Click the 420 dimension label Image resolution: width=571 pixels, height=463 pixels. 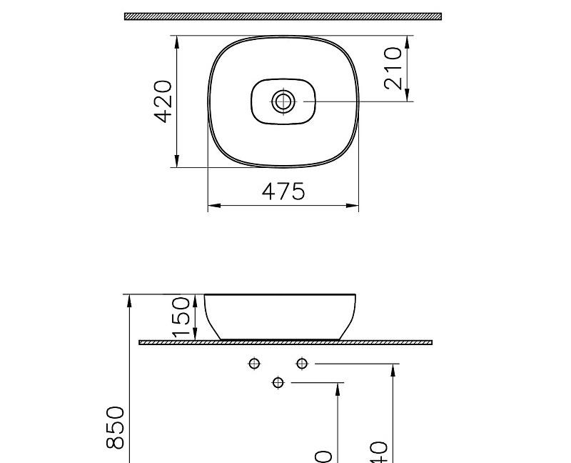click(163, 101)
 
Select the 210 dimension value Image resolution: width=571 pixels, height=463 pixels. click(393, 69)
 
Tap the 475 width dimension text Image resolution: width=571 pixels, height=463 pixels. click(283, 191)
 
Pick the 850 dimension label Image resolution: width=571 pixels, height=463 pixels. click(116, 427)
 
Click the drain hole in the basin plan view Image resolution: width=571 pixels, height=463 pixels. click(283, 101)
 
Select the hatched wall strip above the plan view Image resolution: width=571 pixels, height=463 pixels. click(283, 16)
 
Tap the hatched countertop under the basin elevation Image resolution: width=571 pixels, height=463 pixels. click(285, 342)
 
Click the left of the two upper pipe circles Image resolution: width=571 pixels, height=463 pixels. click(254, 364)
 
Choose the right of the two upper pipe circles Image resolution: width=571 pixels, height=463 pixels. click(302, 364)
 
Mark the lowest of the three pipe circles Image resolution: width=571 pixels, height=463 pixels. click(278, 383)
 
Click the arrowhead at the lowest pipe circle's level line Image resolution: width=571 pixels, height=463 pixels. click(338, 389)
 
